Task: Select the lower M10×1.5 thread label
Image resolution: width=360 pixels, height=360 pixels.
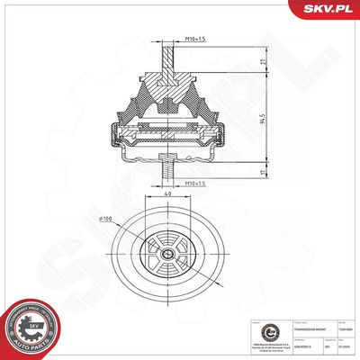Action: click(196, 184)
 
